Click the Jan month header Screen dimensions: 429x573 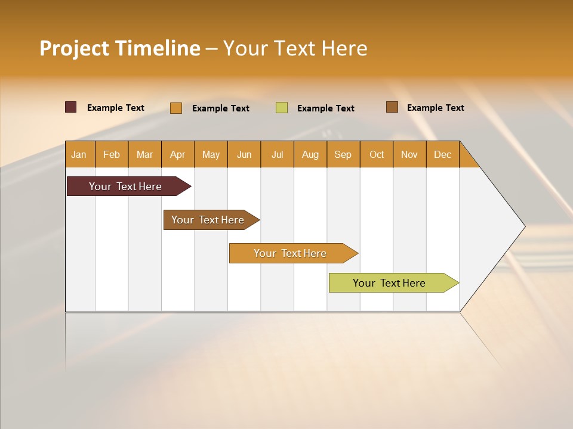tap(79, 154)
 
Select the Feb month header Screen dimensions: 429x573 tap(112, 154)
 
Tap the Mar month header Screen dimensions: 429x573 tap(144, 154)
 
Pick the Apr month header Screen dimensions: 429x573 tap(178, 154)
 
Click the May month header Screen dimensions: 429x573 tap(211, 154)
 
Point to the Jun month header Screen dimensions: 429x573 tap(244, 154)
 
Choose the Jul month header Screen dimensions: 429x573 tap(277, 154)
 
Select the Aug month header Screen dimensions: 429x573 tap(310, 154)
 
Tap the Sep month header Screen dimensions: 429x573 tap(343, 154)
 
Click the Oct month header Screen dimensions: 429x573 tap(377, 154)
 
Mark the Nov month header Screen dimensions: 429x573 tap(409, 154)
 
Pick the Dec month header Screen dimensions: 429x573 tap(443, 154)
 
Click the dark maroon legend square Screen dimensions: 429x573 tap(71, 107)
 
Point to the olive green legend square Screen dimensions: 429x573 tap(282, 108)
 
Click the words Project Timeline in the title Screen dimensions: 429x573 tap(120, 48)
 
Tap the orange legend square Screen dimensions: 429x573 tap(176, 108)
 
